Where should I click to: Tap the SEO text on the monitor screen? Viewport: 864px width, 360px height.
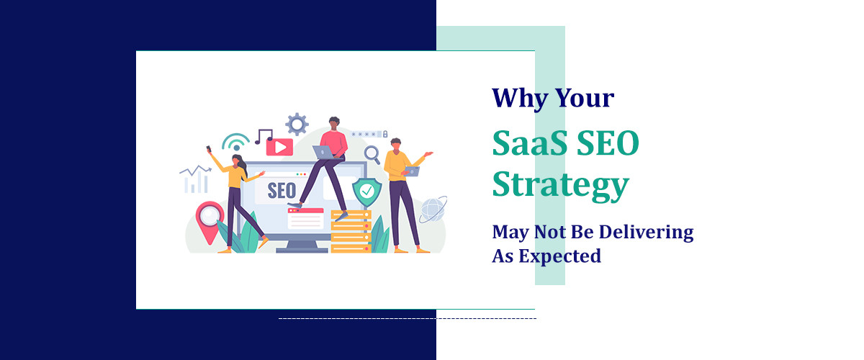pos(281,190)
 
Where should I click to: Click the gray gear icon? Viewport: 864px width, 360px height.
pos(297,124)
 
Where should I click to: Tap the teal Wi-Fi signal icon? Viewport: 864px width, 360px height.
pos(235,140)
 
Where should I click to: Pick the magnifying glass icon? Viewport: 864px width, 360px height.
pos(372,153)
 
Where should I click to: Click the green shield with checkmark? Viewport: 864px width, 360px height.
pos(366,192)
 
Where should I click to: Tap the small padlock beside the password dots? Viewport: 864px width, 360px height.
pos(385,134)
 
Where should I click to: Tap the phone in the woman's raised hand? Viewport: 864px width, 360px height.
pos(209,149)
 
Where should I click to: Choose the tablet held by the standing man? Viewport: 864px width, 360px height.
pos(412,171)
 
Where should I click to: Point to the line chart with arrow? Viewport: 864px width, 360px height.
pos(194,179)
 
